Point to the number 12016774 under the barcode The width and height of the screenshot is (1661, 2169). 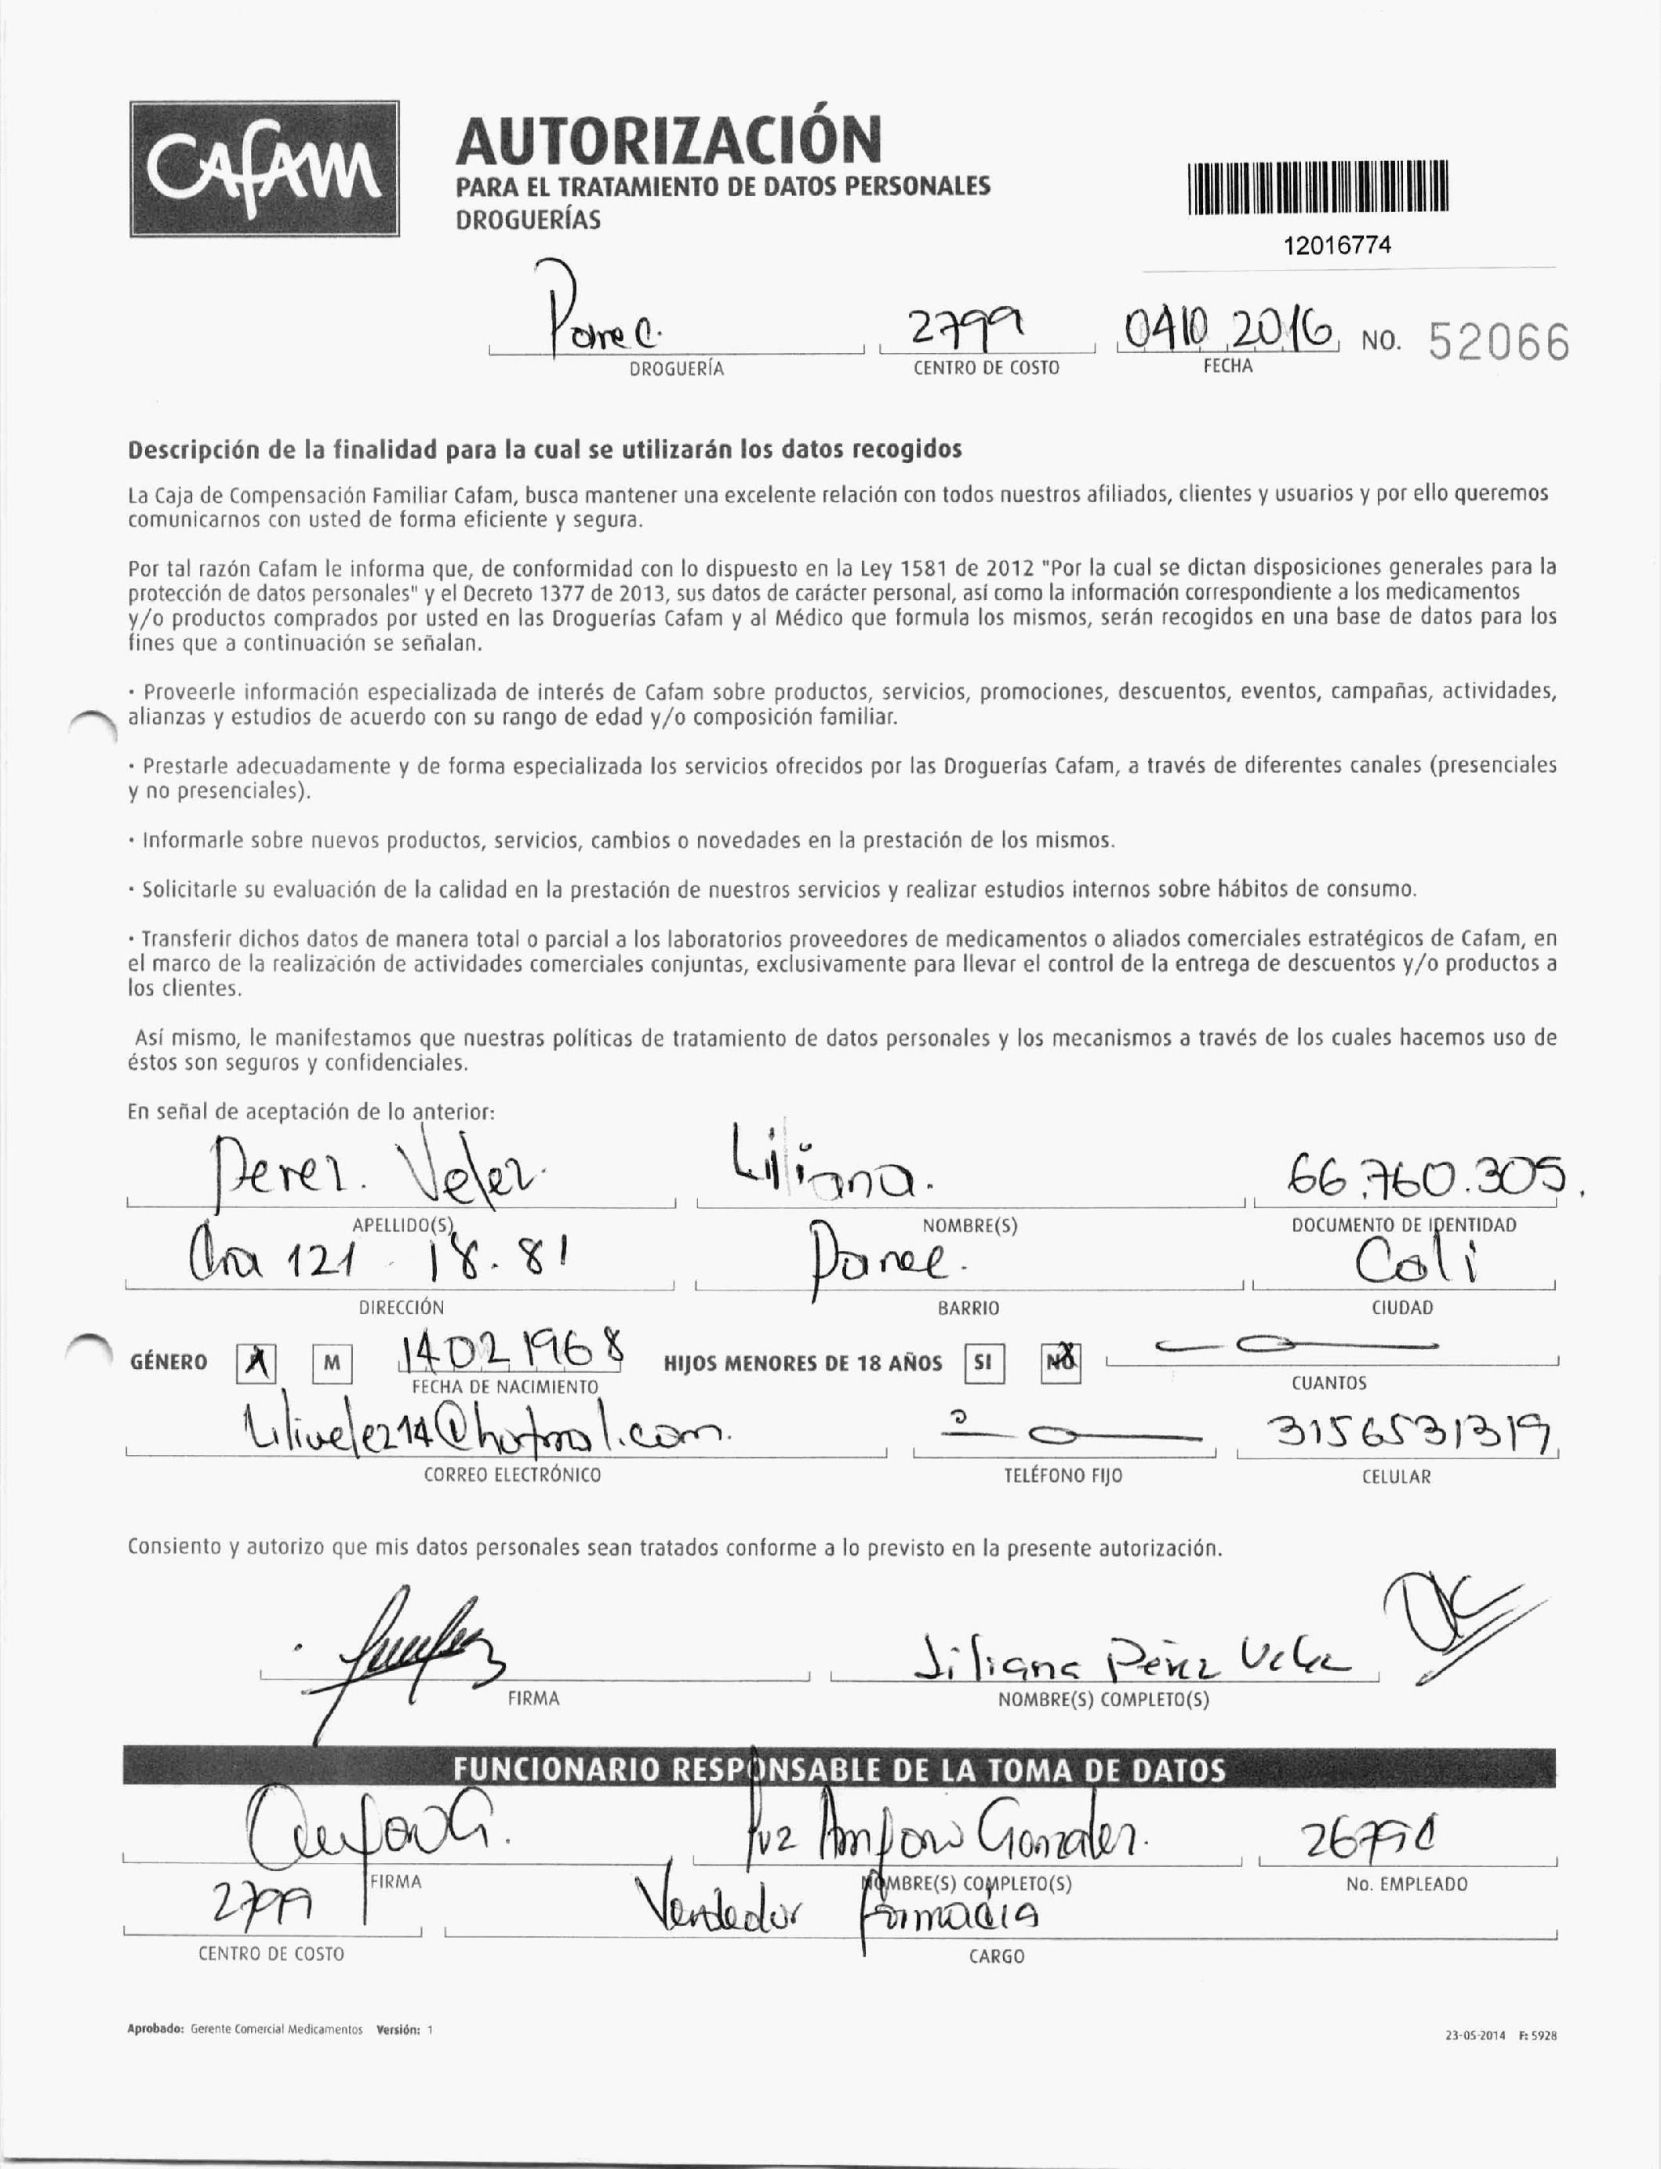tap(1336, 246)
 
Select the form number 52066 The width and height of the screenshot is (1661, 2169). tap(1499, 344)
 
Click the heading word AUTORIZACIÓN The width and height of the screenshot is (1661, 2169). tap(667, 140)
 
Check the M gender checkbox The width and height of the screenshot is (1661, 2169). tap(333, 1365)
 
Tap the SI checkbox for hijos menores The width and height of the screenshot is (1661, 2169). tap(983, 1364)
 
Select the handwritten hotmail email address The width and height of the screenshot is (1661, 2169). tap(485, 1431)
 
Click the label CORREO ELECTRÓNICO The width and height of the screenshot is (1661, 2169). tap(512, 1475)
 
